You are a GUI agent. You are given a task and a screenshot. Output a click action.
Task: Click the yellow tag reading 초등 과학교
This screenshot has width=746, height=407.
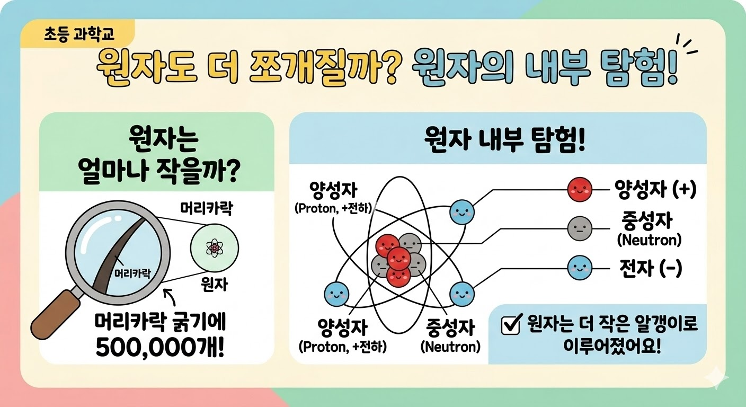click(x=78, y=34)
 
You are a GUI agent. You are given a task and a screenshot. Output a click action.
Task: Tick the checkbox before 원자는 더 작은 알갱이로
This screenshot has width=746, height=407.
click(x=511, y=324)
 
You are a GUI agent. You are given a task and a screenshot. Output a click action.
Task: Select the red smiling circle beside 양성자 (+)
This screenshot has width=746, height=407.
click(x=580, y=190)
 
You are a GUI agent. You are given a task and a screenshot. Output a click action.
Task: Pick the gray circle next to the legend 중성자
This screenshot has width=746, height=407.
click(x=580, y=228)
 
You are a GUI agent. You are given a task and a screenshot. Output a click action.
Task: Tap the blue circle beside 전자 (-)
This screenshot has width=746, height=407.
click(x=580, y=268)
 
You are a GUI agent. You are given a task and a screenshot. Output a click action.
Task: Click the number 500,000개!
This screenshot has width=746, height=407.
click(x=160, y=349)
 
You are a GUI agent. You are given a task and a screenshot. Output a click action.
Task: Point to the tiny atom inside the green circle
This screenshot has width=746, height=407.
click(x=214, y=248)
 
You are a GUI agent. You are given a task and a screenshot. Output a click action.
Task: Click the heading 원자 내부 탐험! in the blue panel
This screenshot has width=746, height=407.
click(x=504, y=141)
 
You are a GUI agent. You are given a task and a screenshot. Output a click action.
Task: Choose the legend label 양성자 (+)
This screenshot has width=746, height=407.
click(x=655, y=189)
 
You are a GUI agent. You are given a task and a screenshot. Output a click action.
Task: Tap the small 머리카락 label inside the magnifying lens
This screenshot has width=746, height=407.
click(x=132, y=273)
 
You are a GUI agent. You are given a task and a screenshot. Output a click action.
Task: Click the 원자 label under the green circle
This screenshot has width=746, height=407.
click(x=214, y=284)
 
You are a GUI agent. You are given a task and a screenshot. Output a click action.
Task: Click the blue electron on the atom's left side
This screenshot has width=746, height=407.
click(x=336, y=294)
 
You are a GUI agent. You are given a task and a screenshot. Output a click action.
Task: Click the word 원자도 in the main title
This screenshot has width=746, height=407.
click(x=147, y=69)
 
